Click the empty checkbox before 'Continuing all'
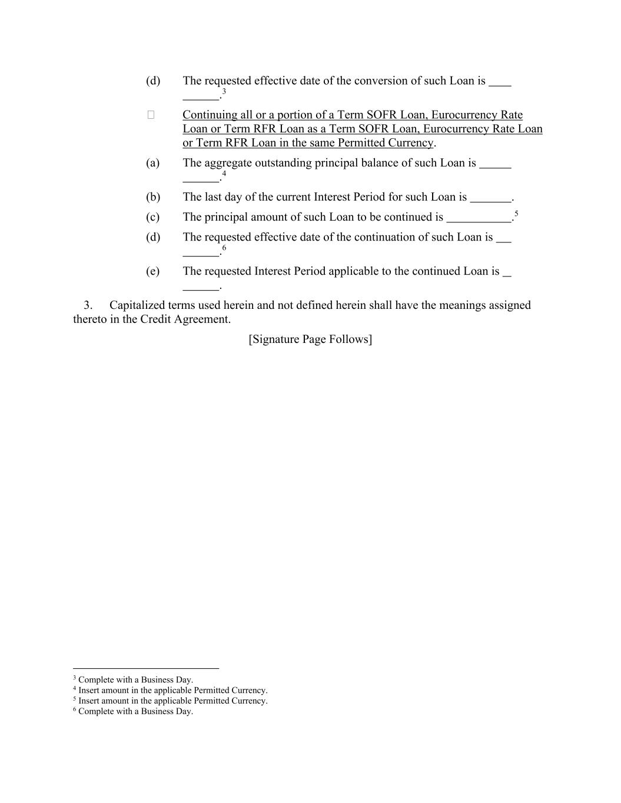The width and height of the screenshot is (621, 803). pyautogui.click(x=151, y=115)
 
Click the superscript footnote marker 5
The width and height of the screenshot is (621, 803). pyautogui.click(x=516, y=214)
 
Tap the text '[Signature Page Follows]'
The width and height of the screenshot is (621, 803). pyautogui.click(x=310, y=339)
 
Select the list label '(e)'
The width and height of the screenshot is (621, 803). pyautogui.click(x=152, y=271)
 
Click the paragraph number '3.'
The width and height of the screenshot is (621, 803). pyautogui.click(x=88, y=305)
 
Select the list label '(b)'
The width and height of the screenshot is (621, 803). pyautogui.click(x=152, y=197)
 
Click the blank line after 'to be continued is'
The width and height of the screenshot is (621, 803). pyautogui.click(x=479, y=219)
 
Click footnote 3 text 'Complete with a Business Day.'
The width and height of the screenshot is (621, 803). pyautogui.click(x=135, y=680)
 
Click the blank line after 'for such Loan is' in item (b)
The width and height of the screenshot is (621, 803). pyautogui.click(x=490, y=199)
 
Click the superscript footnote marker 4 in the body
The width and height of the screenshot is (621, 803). pyautogui.click(x=224, y=174)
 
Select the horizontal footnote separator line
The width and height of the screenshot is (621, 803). pyautogui.click(x=146, y=669)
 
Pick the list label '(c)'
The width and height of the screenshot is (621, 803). pyautogui.click(x=152, y=217)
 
